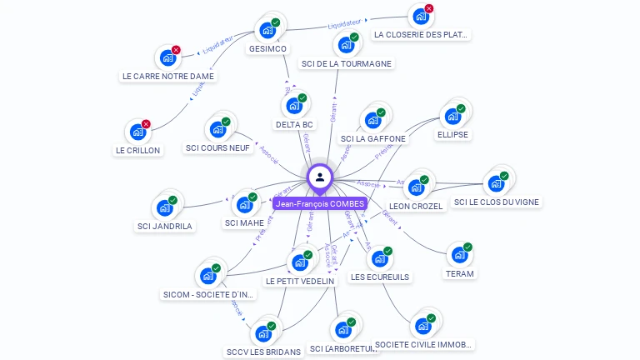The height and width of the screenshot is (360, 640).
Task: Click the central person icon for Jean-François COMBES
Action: pos(320,177)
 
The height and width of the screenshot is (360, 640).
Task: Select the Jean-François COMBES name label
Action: pos(320,203)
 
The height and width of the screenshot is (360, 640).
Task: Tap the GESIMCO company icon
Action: pos(267,30)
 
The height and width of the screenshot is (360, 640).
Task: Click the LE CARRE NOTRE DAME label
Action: pos(168,76)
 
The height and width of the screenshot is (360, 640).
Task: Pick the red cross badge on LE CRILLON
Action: pos(146,124)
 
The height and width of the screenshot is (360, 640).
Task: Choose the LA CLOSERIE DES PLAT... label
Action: pos(422,35)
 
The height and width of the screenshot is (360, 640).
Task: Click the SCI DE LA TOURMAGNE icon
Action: pos(346,44)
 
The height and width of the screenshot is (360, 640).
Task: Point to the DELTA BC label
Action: pos(295,124)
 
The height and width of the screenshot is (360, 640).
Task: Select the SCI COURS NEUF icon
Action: pos(217,129)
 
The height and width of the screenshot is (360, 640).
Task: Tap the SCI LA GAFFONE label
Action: pos(374,138)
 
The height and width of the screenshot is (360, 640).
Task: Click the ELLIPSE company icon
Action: pos(452,116)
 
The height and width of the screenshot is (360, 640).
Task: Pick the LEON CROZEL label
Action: pos(417,206)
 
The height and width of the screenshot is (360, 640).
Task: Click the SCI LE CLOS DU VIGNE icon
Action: pos(497,183)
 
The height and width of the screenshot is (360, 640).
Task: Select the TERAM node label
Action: pos(459,273)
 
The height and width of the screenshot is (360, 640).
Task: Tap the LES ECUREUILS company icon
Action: pos(379,258)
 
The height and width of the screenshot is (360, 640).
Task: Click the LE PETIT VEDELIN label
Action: pos(300,281)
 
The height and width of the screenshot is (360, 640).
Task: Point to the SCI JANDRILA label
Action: pos(165,226)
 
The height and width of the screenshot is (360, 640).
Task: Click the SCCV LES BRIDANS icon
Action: pos(263,333)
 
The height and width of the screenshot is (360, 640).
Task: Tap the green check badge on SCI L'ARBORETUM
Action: pos(351,322)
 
